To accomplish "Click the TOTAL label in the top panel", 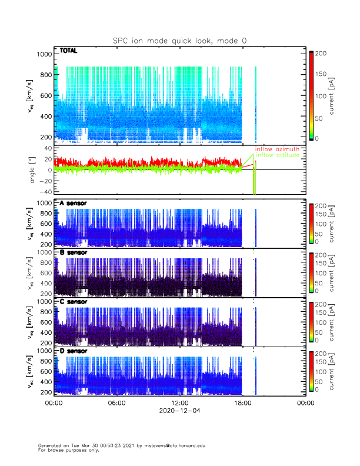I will pos(69,51).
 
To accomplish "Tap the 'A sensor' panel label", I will pos(73,203).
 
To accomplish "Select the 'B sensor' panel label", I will pos(73,252).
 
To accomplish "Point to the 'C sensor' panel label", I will pos(73,301).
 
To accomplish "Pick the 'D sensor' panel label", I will pos(73,351).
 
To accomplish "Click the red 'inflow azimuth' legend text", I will pos(277,149).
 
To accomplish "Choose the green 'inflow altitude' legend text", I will pos(277,155).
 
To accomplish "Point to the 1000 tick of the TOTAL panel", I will pos(44,54).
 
